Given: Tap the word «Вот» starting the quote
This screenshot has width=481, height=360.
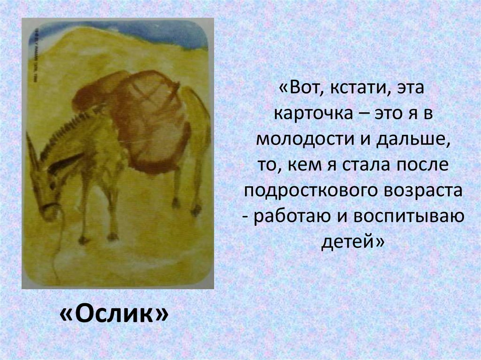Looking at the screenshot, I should [x=303, y=88].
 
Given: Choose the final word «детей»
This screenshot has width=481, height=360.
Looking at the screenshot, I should [x=352, y=243].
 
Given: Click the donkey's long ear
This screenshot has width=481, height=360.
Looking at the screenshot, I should [x=32, y=150].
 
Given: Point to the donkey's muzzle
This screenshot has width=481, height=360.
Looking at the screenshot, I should [x=49, y=211].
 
